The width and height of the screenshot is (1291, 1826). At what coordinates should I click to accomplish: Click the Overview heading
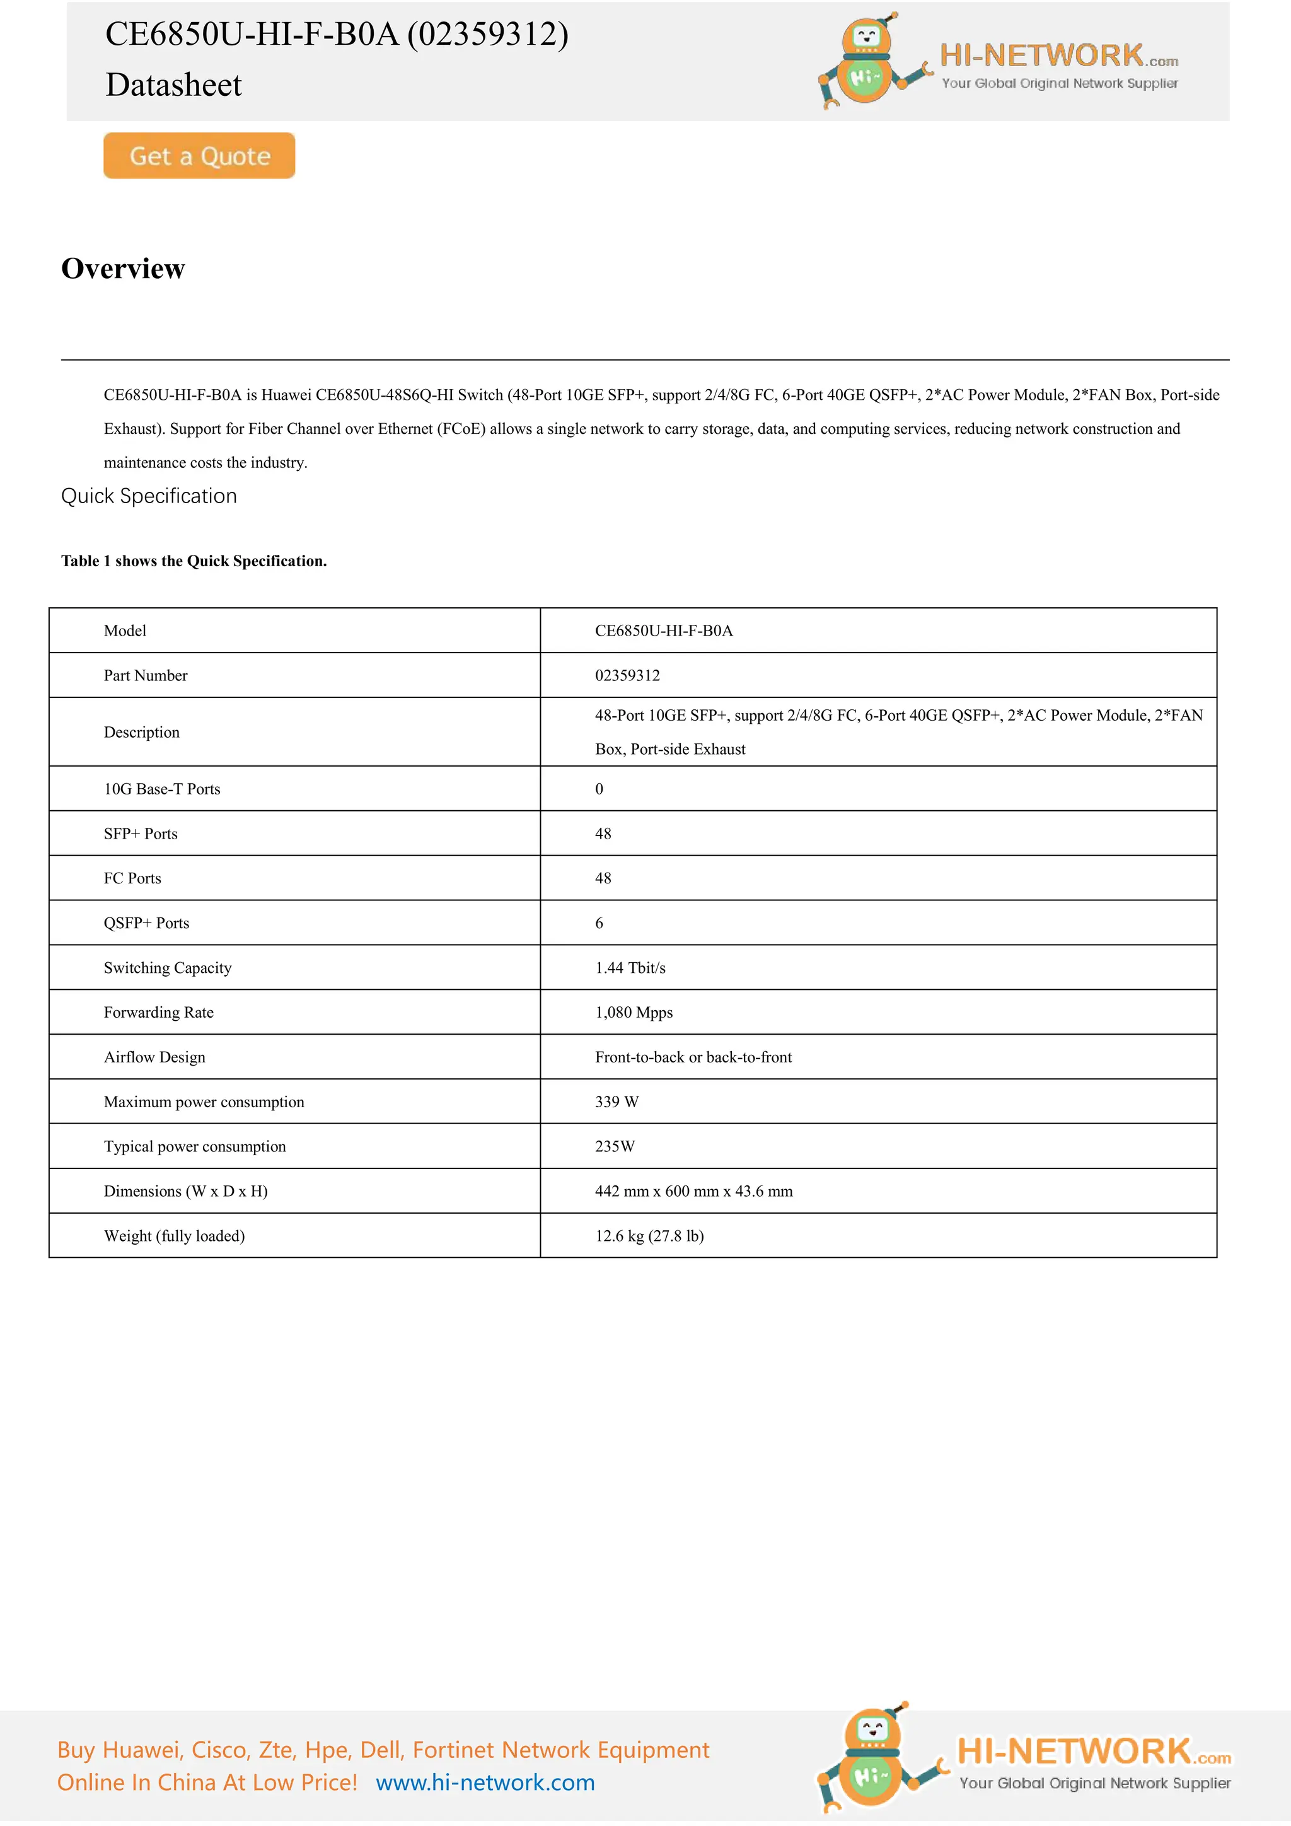123,269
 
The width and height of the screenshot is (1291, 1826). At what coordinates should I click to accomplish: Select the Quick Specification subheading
149,496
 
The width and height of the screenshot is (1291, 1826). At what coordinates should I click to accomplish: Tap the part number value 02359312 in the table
627,675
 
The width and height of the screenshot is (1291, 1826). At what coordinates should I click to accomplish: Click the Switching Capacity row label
168,968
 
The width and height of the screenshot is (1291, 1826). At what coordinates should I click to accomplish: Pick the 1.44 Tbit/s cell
630,968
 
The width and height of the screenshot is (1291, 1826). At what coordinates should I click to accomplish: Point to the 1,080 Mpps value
634,1013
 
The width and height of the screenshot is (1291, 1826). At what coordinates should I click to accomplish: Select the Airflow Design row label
154,1057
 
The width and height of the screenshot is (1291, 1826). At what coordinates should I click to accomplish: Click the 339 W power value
617,1102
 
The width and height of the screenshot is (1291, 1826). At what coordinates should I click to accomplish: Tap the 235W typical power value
615,1146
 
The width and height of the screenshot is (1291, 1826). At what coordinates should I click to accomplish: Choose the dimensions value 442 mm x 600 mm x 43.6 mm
694,1190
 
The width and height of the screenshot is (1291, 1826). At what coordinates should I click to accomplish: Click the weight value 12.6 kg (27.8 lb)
649,1235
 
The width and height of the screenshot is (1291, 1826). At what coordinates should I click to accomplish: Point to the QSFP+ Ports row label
146,922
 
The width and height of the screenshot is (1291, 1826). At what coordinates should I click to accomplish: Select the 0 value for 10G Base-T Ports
599,789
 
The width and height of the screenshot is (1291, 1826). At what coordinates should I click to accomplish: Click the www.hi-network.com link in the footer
485,1782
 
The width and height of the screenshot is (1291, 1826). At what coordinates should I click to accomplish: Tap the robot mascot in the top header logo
867,62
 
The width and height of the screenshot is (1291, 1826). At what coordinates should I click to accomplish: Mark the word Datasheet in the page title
173,85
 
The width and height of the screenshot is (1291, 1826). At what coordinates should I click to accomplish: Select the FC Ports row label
133,878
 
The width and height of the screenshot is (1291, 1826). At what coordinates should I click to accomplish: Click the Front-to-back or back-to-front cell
693,1057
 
